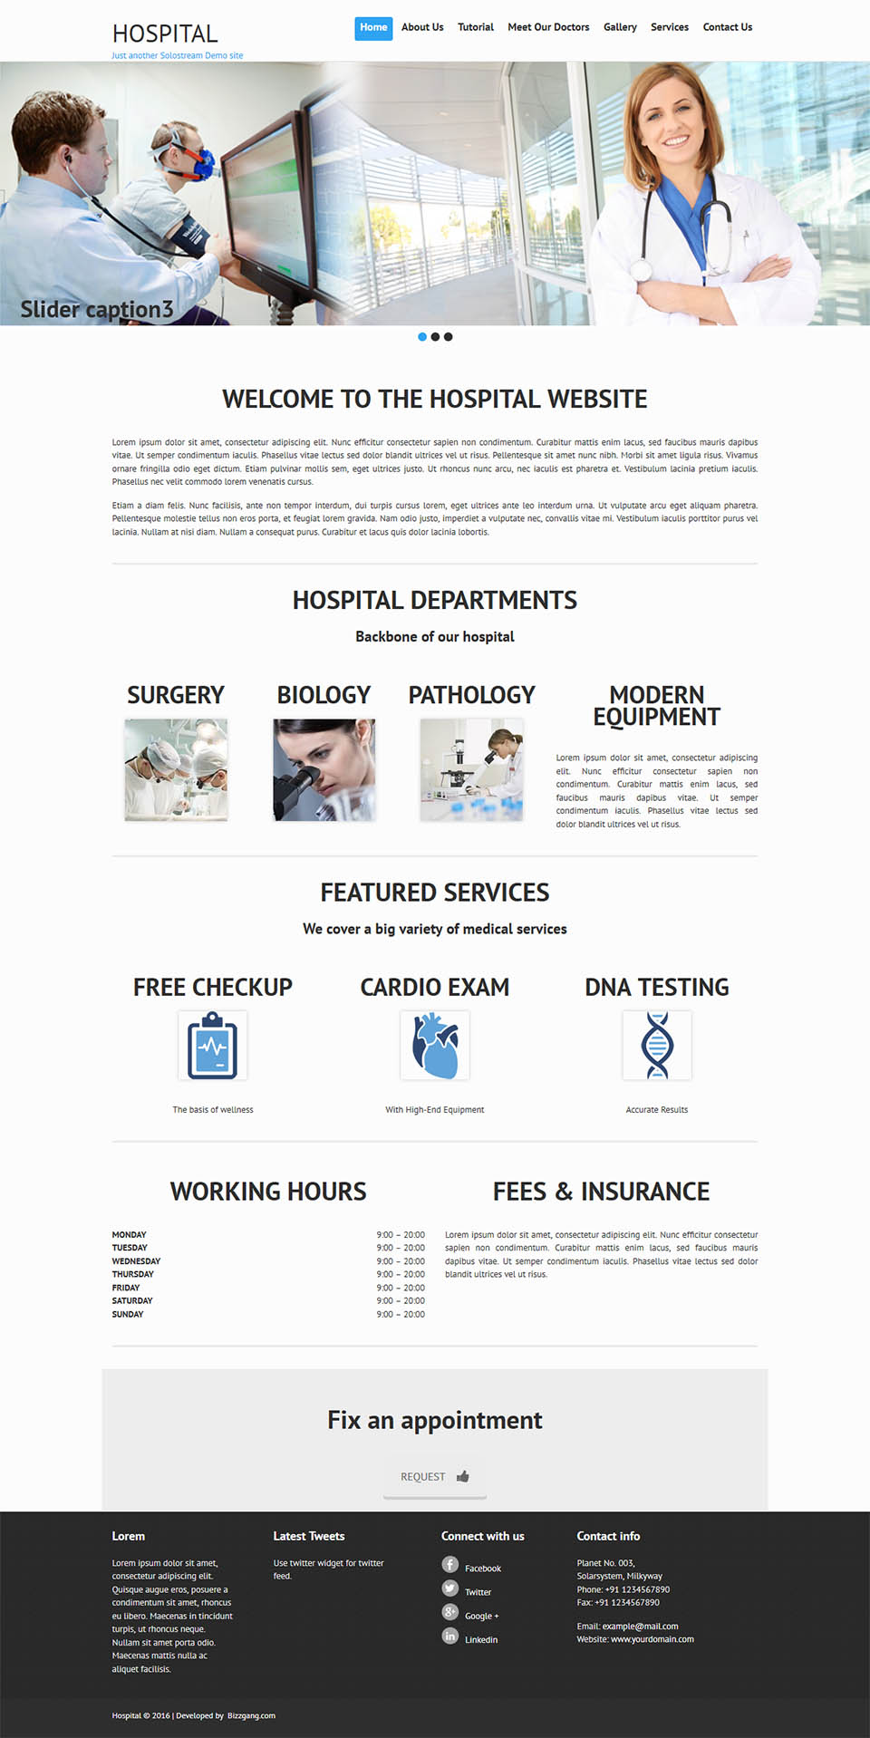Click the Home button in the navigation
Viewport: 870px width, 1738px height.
[x=373, y=28]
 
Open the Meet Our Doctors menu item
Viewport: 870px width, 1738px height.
[x=548, y=28]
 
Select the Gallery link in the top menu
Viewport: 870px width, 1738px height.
[x=620, y=28]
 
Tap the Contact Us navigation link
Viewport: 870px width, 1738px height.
[x=727, y=28]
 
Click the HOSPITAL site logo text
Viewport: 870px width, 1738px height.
[x=165, y=34]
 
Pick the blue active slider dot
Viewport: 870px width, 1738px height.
[x=422, y=337]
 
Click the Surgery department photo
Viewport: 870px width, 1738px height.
[x=176, y=770]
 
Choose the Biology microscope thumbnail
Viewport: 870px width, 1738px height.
[x=324, y=770]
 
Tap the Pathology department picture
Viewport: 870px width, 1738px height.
[x=471, y=770]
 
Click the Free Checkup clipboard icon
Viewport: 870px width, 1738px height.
[x=213, y=1046]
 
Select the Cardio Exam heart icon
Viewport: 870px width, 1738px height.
[x=435, y=1046]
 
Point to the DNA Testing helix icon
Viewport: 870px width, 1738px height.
[x=657, y=1046]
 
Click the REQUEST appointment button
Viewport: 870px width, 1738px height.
[x=434, y=1477]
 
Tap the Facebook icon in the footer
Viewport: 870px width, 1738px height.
[x=450, y=1565]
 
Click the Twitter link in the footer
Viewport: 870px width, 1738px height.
[x=478, y=1592]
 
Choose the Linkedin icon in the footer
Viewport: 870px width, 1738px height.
[x=450, y=1636]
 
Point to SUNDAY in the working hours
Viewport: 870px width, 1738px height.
[x=128, y=1314]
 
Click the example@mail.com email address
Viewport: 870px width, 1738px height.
[x=640, y=1627]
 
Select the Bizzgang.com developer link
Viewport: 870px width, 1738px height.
[x=251, y=1715]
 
